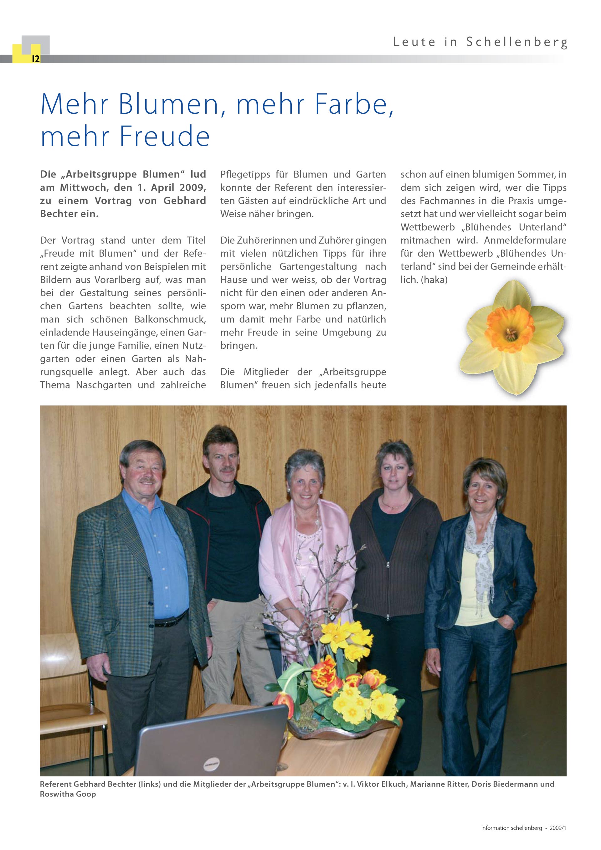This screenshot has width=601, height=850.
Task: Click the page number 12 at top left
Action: (35, 59)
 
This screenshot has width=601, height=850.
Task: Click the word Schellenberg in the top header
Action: (516, 42)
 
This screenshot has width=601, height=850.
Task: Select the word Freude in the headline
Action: (165, 136)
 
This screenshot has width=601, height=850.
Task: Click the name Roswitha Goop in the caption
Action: (68, 794)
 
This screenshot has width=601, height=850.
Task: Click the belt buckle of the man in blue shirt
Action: (163, 623)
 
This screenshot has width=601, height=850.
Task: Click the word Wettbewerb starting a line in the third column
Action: (428, 227)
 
